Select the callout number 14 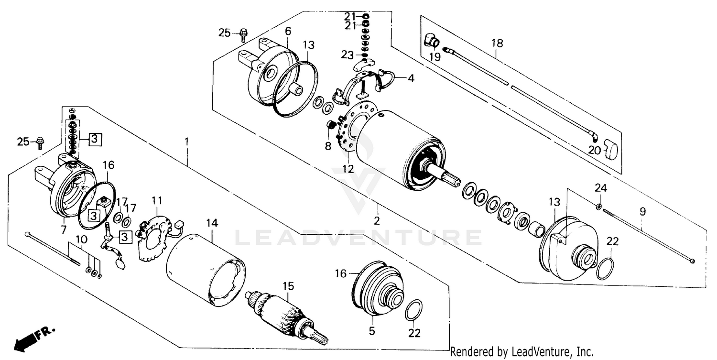pyautogui.click(x=212, y=222)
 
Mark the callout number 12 pyautogui.click(x=348, y=169)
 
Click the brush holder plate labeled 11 pyautogui.click(x=154, y=236)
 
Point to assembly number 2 pyautogui.click(x=377, y=221)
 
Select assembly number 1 pyautogui.click(x=187, y=142)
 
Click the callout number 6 pyautogui.click(x=288, y=31)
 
